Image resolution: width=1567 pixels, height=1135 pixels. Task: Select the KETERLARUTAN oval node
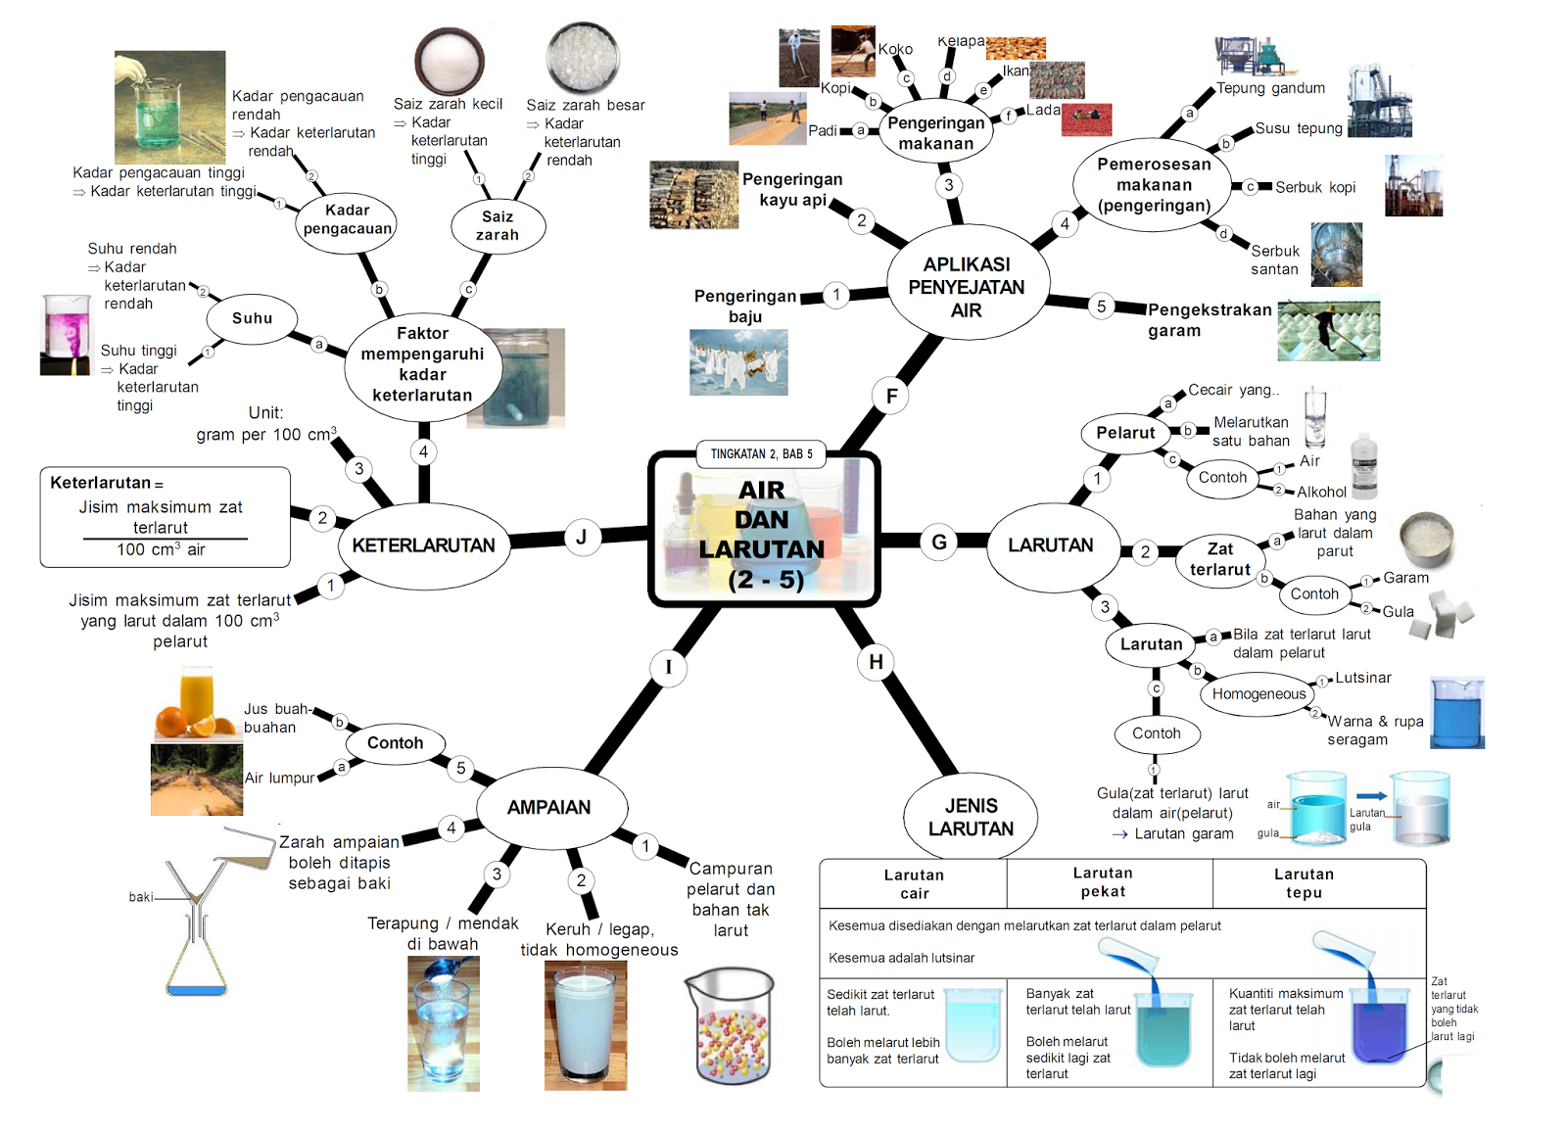click(x=423, y=545)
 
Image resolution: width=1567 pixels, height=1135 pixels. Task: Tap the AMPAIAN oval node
click(x=548, y=807)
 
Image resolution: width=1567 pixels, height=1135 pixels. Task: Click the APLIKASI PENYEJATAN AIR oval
click(x=967, y=287)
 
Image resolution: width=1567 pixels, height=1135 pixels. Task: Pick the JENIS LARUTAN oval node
click(x=971, y=817)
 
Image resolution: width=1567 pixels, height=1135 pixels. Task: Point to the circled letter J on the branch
click(x=581, y=537)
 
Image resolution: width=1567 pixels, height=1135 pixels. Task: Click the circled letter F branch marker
click(x=891, y=396)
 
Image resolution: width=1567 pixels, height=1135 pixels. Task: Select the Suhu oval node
click(x=252, y=318)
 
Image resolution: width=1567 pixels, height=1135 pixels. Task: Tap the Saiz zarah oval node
click(x=498, y=225)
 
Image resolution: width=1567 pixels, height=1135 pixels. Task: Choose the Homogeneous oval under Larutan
click(x=1258, y=694)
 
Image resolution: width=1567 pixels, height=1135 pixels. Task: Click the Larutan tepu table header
click(x=1304, y=882)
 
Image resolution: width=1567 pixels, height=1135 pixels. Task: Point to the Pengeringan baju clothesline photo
click(x=738, y=362)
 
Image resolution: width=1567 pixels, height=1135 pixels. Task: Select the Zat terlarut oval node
click(x=1219, y=559)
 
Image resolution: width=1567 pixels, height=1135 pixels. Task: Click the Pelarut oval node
click(x=1125, y=433)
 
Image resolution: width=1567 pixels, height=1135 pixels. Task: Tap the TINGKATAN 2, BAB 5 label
click(x=761, y=453)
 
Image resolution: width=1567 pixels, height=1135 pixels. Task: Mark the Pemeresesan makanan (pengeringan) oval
click(x=1154, y=185)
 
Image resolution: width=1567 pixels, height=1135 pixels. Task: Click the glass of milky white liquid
click(x=585, y=1024)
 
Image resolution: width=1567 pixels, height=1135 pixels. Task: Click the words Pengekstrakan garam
click(x=1209, y=320)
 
